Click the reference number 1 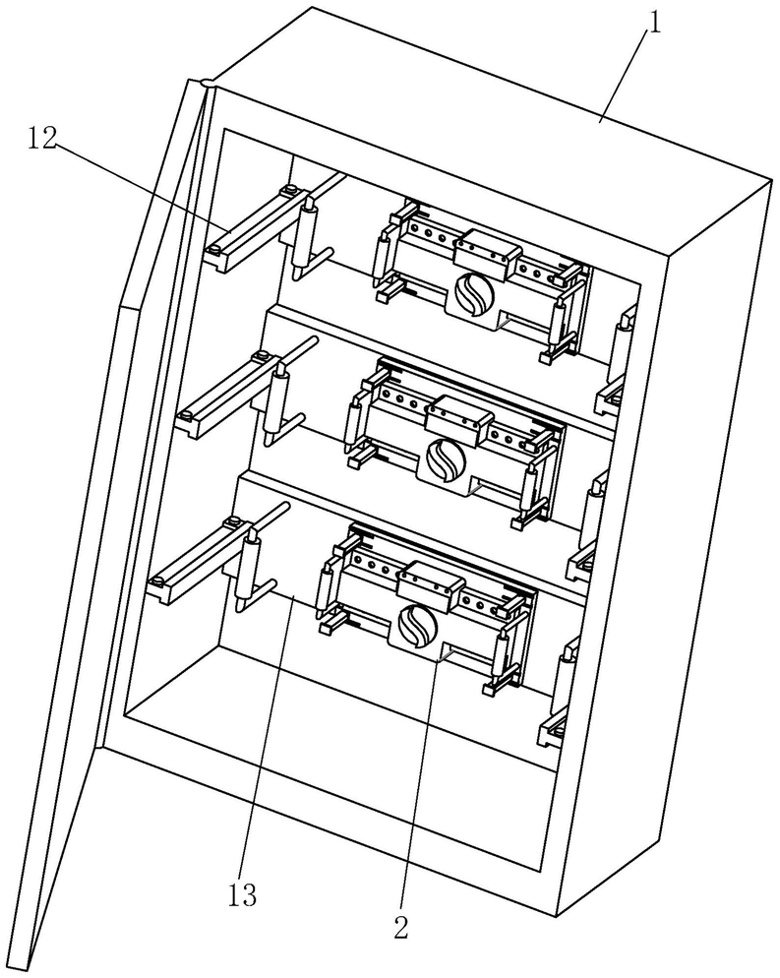click(x=652, y=19)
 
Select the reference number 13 click(x=243, y=894)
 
